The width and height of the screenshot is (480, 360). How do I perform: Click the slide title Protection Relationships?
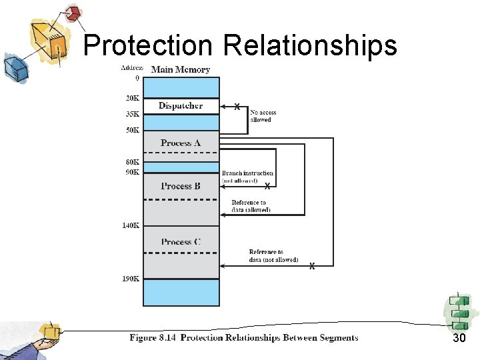(x=240, y=45)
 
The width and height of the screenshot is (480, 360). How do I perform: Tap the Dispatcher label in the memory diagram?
(x=181, y=105)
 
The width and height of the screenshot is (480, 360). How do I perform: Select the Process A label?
(x=181, y=143)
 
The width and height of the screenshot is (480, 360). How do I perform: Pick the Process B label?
(x=181, y=186)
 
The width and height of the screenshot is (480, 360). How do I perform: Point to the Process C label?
(x=181, y=242)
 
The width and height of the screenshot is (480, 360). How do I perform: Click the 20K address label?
(x=133, y=98)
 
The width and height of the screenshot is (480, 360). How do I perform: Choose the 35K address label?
(x=133, y=114)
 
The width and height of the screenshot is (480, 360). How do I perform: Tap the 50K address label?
(x=133, y=130)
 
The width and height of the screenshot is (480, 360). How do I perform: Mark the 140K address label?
(x=131, y=225)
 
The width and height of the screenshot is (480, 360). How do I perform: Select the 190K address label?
(x=131, y=279)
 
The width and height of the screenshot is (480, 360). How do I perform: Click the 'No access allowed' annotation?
(x=263, y=116)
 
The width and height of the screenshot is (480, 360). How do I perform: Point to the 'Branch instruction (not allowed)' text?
(x=248, y=177)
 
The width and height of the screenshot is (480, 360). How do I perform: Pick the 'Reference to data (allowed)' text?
(x=250, y=206)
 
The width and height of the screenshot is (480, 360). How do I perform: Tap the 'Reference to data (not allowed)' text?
(x=273, y=256)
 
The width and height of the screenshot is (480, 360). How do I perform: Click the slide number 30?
(x=459, y=339)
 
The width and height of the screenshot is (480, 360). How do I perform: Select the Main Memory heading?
(x=181, y=69)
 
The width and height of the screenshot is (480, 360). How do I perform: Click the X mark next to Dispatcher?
(x=237, y=106)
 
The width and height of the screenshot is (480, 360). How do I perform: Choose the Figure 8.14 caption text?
(x=244, y=338)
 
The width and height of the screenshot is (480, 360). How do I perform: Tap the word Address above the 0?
(x=133, y=68)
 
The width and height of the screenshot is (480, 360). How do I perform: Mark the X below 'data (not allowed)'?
(x=312, y=267)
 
